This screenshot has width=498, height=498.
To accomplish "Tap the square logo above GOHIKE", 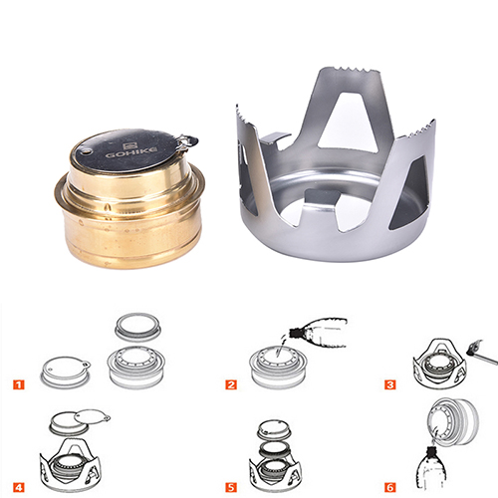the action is tap(130, 146).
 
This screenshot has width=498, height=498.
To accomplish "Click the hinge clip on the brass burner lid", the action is tap(187, 141).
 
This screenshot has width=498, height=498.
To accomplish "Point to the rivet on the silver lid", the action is tap(87, 151).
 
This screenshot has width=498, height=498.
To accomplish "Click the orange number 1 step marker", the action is tap(19, 384).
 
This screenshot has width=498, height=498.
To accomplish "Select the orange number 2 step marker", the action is tap(231, 384).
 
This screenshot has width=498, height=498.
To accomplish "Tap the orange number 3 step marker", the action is tap(390, 384).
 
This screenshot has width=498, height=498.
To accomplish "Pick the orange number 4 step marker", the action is tap(19, 487).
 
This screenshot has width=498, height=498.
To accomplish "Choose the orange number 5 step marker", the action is tap(231, 487).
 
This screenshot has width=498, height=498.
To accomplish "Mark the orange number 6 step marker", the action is tap(390, 487).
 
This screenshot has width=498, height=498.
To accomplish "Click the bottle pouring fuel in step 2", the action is tap(318, 333).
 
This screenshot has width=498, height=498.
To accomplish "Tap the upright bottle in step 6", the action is tap(430, 467).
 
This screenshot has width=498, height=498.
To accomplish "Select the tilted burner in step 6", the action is tap(453, 421).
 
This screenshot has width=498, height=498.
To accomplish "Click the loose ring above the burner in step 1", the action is tap(138, 327).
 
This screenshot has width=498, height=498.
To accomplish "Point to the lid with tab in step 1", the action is tap(66, 372).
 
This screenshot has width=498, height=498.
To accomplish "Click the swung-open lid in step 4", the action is tap(92, 416).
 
